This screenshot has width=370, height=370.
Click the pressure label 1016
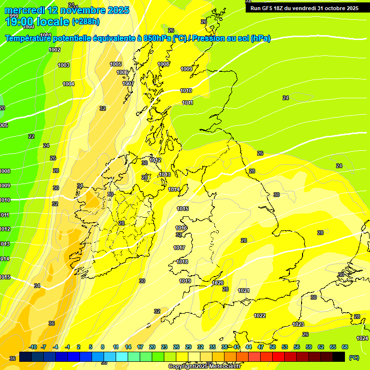[x=181, y=228]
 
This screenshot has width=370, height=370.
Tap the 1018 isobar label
[x=182, y=262]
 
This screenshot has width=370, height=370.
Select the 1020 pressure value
[x=218, y=283]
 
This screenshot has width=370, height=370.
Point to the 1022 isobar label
[x=260, y=316]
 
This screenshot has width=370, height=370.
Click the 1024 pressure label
[x=362, y=338]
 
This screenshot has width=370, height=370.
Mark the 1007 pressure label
[x=128, y=83]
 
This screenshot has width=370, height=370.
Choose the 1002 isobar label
[x=54, y=50]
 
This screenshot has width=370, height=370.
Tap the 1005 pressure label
[x=116, y=64]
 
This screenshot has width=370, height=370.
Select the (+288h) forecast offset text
[x=86, y=21]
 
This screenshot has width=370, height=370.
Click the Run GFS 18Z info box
[x=304, y=8]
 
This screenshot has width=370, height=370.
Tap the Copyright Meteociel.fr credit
[x=205, y=366]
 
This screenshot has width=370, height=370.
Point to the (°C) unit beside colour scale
[x=354, y=357]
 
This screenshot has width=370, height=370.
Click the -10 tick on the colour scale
[x=33, y=347]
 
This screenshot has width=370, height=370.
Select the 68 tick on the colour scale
[x=345, y=347]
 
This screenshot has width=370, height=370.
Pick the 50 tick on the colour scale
[x=273, y=347]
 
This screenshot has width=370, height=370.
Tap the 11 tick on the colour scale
[x=116, y=347]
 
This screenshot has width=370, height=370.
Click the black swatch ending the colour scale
[x=339, y=357]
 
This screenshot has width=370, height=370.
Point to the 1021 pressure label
[x=244, y=291]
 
